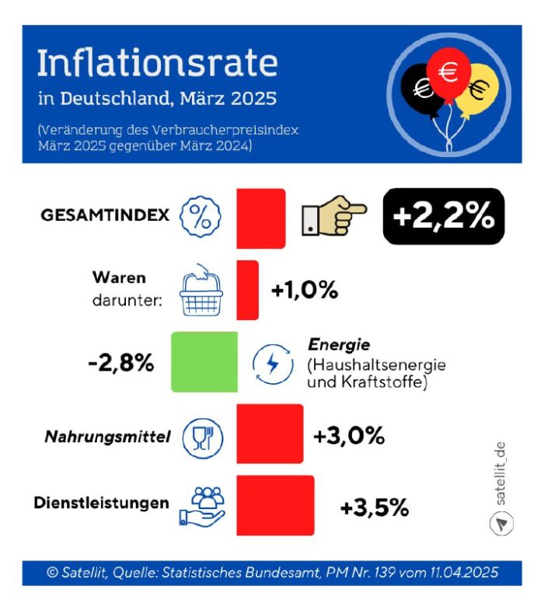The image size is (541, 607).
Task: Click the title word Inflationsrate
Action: pos(156,65)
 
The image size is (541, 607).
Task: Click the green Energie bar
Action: pos(204,361)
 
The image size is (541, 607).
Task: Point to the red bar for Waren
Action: pos(247,289)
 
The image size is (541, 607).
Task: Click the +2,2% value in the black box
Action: pos(444,216)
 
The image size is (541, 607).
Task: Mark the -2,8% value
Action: pos(120,362)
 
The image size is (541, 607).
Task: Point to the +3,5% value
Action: pos(374,508)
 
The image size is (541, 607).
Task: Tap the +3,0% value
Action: pos(349,436)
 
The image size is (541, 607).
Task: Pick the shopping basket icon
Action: pos(200,291)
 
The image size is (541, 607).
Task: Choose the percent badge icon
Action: pos(200,216)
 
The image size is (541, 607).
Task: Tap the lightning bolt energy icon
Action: pos(273,363)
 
